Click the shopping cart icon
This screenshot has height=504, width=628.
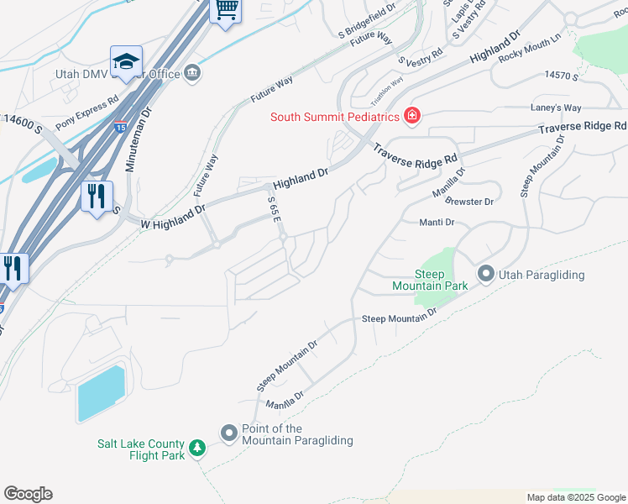pos(224,10)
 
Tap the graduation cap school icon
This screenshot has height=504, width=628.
pos(126,61)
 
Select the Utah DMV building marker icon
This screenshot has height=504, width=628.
pos(192,74)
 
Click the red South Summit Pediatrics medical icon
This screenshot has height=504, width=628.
pos(411,116)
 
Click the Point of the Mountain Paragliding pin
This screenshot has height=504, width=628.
pos(229,433)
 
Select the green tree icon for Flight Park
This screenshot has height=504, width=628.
pos(196,449)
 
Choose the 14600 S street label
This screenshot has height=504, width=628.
pos(23,124)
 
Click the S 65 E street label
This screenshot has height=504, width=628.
pos(274,209)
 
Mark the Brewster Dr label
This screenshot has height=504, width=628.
pos(469,202)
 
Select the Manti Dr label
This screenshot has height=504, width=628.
pos(437,223)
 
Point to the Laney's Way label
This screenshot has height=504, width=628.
pos(556,108)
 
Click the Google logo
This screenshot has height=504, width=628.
pos(28,494)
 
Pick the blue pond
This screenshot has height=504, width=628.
pos(101,393)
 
